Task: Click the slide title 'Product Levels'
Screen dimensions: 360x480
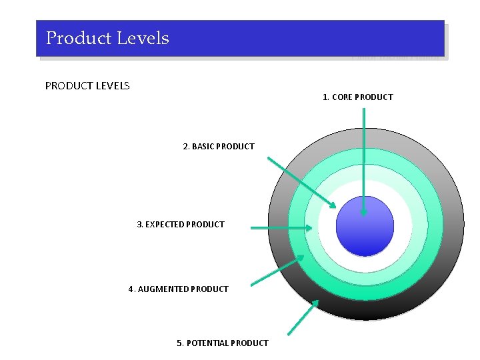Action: (x=107, y=38)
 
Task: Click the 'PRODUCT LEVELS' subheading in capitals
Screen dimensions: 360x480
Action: (x=87, y=85)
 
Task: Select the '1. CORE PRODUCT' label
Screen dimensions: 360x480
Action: (x=357, y=97)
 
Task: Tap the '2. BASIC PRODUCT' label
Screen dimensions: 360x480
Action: (x=219, y=146)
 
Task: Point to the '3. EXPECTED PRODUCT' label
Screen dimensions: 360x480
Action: (x=181, y=225)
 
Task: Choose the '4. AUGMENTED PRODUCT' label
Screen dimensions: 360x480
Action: (x=178, y=289)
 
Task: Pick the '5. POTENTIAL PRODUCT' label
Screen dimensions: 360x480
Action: (x=222, y=343)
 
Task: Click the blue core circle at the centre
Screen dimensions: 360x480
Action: (x=365, y=226)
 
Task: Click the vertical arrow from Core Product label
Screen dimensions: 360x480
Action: (x=363, y=160)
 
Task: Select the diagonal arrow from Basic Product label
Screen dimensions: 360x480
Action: (x=301, y=182)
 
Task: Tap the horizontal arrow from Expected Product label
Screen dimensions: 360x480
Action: (x=280, y=228)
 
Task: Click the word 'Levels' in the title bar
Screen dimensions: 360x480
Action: (x=143, y=38)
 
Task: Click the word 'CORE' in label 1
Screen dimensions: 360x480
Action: (x=342, y=97)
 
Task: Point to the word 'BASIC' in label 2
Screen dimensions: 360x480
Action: (x=206, y=146)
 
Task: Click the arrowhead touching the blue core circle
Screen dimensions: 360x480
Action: (x=363, y=211)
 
